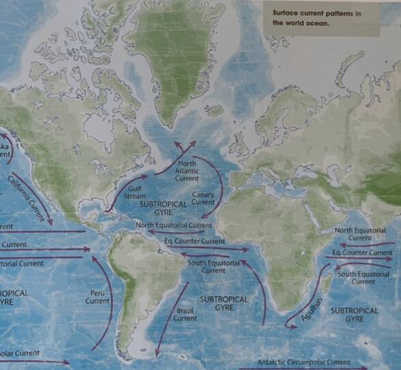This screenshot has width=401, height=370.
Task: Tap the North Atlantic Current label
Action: coord(186,171)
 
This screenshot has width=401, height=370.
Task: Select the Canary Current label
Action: coord(203,199)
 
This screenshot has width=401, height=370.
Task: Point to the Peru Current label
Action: coord(97,296)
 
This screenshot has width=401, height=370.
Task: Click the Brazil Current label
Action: coord(185,313)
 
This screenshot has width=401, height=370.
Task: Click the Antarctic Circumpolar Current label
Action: coord(304,362)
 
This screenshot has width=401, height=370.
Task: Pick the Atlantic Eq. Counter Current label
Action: coord(195,241)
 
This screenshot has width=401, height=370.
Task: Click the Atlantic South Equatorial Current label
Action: coord(213,266)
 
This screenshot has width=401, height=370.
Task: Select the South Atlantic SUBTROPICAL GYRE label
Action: coord(223,303)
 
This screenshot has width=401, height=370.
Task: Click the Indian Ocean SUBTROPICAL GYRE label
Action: coord(354,315)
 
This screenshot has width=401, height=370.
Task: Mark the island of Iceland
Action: coord(215,110)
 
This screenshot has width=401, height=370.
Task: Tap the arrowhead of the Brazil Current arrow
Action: coord(158,353)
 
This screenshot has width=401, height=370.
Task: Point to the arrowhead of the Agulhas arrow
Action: coord(287,326)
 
